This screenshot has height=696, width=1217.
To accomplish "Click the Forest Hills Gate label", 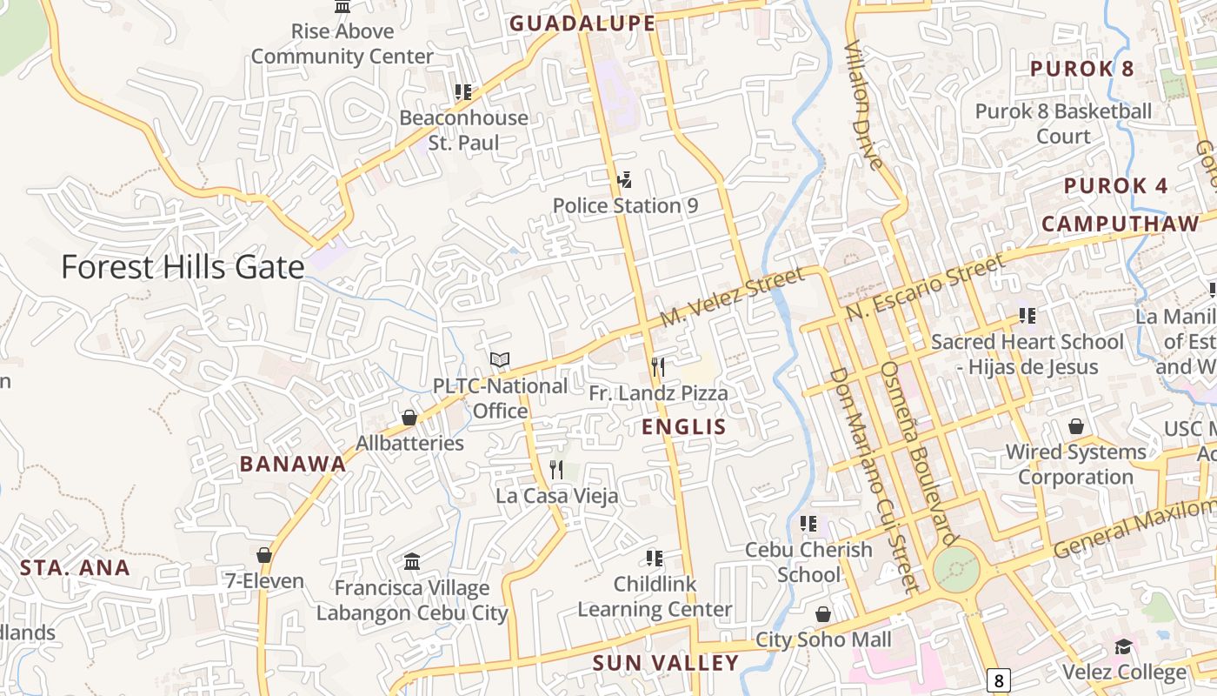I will click(183, 267).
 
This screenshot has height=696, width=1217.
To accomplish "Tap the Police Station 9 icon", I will click(623, 180).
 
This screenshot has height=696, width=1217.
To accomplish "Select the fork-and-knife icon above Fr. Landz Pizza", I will click(658, 367).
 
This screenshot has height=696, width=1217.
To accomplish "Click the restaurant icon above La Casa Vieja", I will click(557, 470).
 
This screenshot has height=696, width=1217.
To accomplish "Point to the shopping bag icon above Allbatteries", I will click(409, 418).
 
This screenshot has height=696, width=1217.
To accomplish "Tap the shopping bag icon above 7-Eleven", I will click(264, 555).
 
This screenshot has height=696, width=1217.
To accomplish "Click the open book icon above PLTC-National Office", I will click(500, 359).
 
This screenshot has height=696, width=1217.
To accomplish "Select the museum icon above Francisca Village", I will click(412, 562).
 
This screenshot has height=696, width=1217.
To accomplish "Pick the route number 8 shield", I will click(1000, 679).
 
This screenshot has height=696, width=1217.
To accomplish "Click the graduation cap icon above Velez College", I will click(1124, 647).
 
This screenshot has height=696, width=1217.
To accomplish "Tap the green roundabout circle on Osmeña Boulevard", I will click(956, 571).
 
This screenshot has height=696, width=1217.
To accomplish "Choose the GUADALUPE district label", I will click(582, 23).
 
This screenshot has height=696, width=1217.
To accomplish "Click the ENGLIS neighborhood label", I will click(683, 427).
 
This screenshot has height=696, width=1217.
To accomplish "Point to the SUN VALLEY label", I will click(665, 663).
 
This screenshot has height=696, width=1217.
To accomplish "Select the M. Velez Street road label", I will click(732, 298).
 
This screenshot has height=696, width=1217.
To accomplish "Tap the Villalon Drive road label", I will click(864, 104).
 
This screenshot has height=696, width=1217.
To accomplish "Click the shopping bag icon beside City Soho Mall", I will click(823, 615).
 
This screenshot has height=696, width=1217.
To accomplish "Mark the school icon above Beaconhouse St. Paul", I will click(463, 91).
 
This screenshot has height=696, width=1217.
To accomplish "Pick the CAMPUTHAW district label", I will click(1121, 224).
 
